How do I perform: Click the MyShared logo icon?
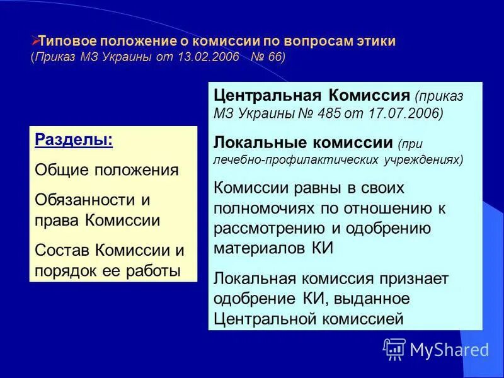(x=394, y=348)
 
